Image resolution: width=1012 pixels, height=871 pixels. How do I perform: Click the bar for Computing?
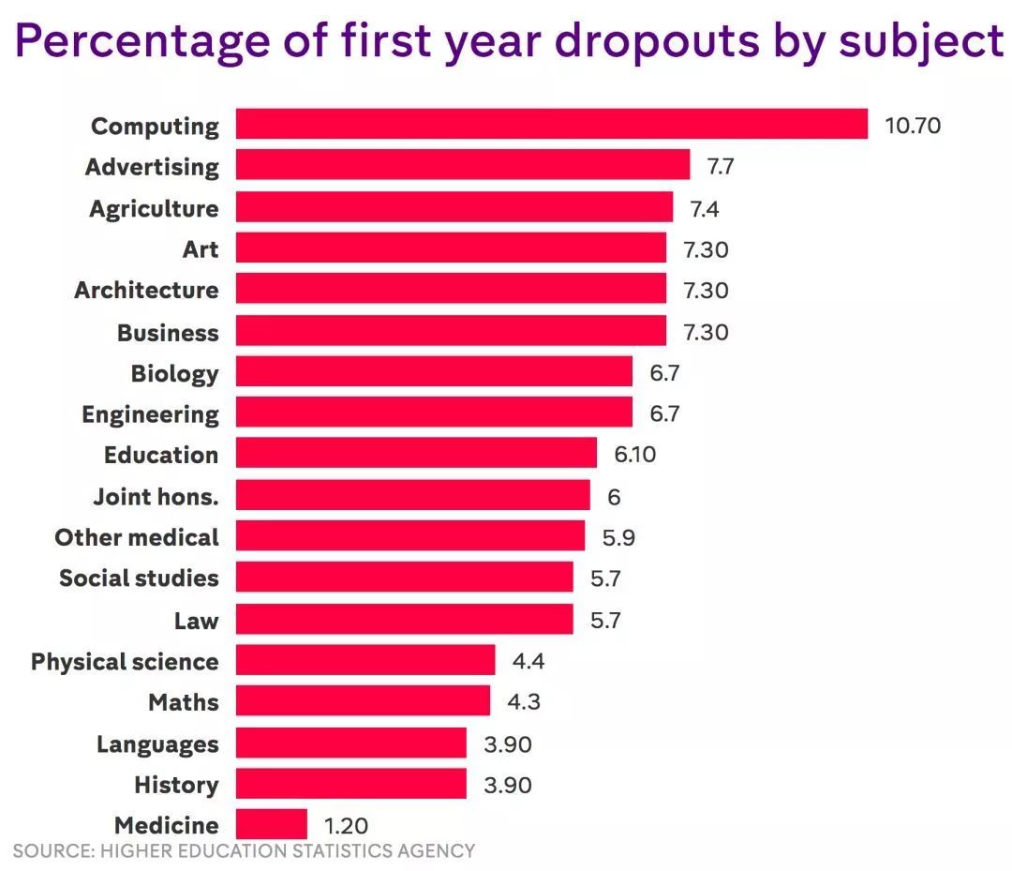coord(551,125)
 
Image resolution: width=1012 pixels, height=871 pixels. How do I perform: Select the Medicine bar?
coord(271,825)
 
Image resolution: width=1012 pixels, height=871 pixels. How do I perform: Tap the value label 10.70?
coord(913,126)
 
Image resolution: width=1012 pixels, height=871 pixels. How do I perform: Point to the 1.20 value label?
coord(346,826)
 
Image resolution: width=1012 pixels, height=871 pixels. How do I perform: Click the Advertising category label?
coord(152,167)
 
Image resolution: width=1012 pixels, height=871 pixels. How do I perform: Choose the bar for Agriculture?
coord(454,207)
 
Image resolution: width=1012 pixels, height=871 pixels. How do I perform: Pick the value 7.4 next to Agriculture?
coord(705,208)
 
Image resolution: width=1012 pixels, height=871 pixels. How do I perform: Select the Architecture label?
coord(146,290)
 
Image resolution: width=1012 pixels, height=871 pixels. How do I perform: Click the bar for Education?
coord(416,454)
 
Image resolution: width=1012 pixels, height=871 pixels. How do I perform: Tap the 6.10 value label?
coord(635,455)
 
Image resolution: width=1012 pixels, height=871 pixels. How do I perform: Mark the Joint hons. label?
coord(156,496)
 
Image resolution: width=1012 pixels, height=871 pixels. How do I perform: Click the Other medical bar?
coord(409,536)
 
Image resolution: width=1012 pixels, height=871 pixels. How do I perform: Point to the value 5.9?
coord(619,537)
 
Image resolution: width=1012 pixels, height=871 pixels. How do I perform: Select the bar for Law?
coord(404,619)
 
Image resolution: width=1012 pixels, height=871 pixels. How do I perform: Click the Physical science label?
coord(125,662)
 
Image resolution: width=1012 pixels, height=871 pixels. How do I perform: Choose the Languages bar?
coord(350,743)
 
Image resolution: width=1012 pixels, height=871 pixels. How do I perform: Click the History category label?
coord(176,785)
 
